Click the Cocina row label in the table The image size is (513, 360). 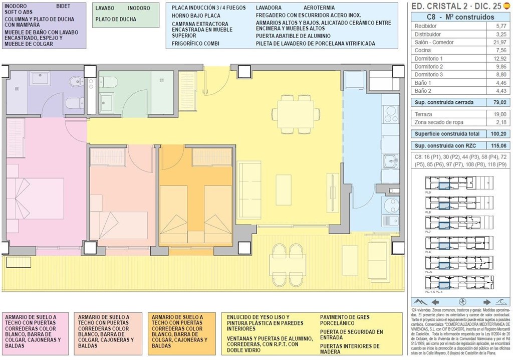pos(423,50)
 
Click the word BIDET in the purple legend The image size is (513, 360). pos(64,6)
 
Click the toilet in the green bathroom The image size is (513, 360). pos(110,82)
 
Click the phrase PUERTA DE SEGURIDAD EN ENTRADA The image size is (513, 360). pos(351,335)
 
